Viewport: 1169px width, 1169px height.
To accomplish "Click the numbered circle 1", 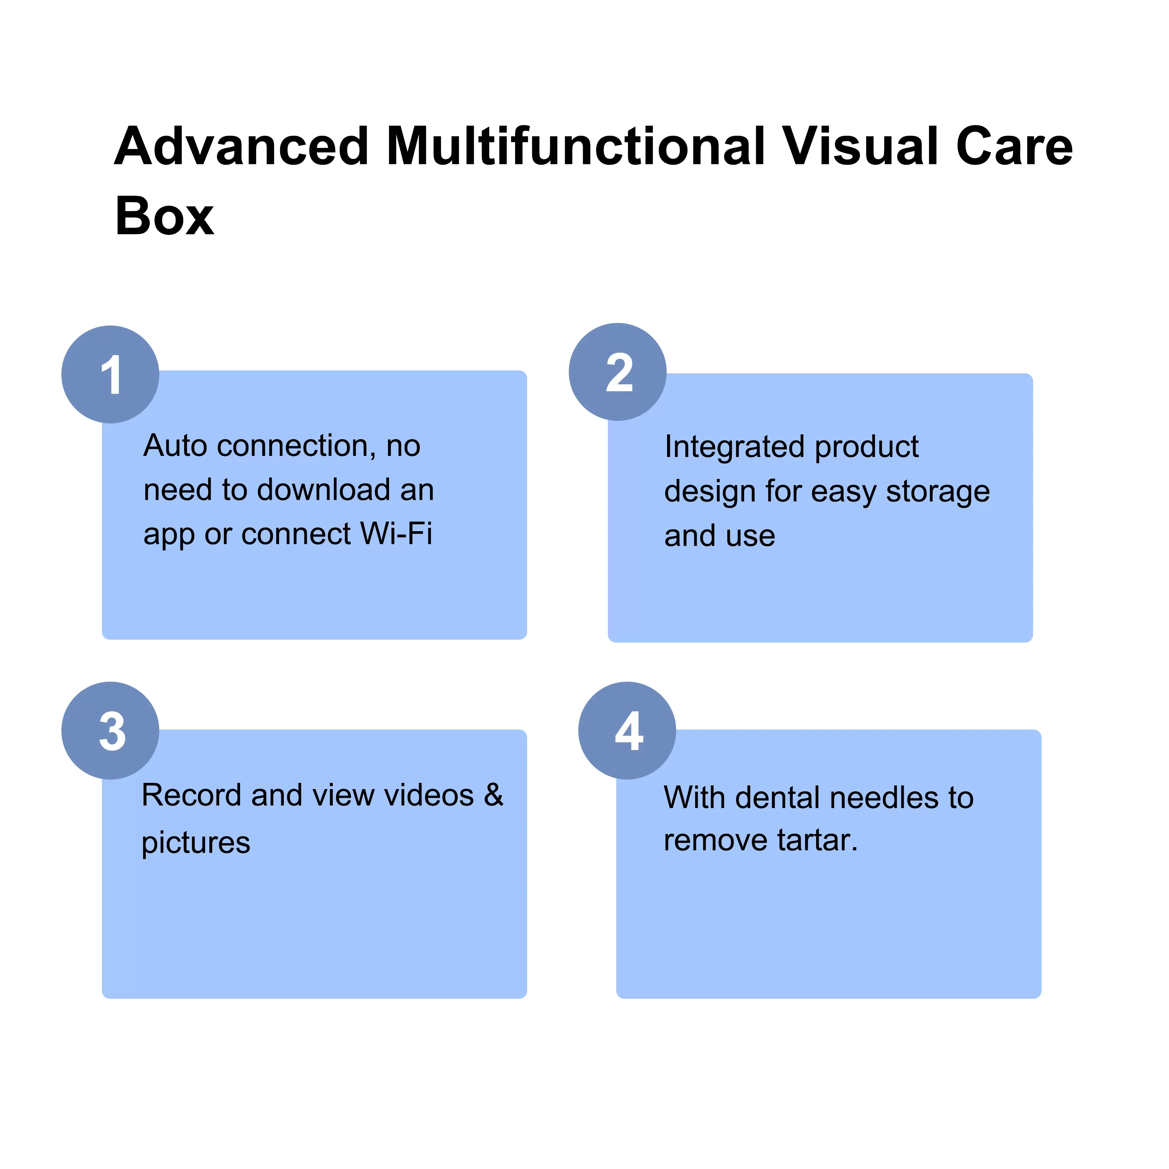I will [110, 374].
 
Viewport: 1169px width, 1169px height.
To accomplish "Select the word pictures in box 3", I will [195, 843].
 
